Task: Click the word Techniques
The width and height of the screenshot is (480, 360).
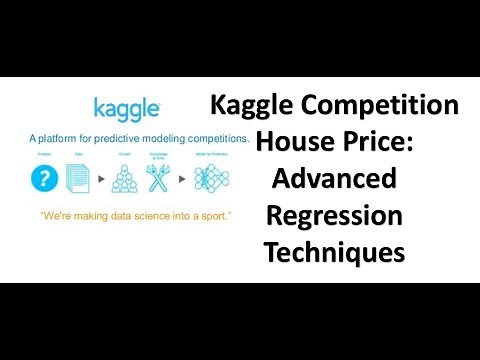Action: (x=334, y=251)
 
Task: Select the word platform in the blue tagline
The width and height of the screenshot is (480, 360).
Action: (x=67, y=137)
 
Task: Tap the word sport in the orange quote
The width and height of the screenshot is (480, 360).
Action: (x=210, y=217)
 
